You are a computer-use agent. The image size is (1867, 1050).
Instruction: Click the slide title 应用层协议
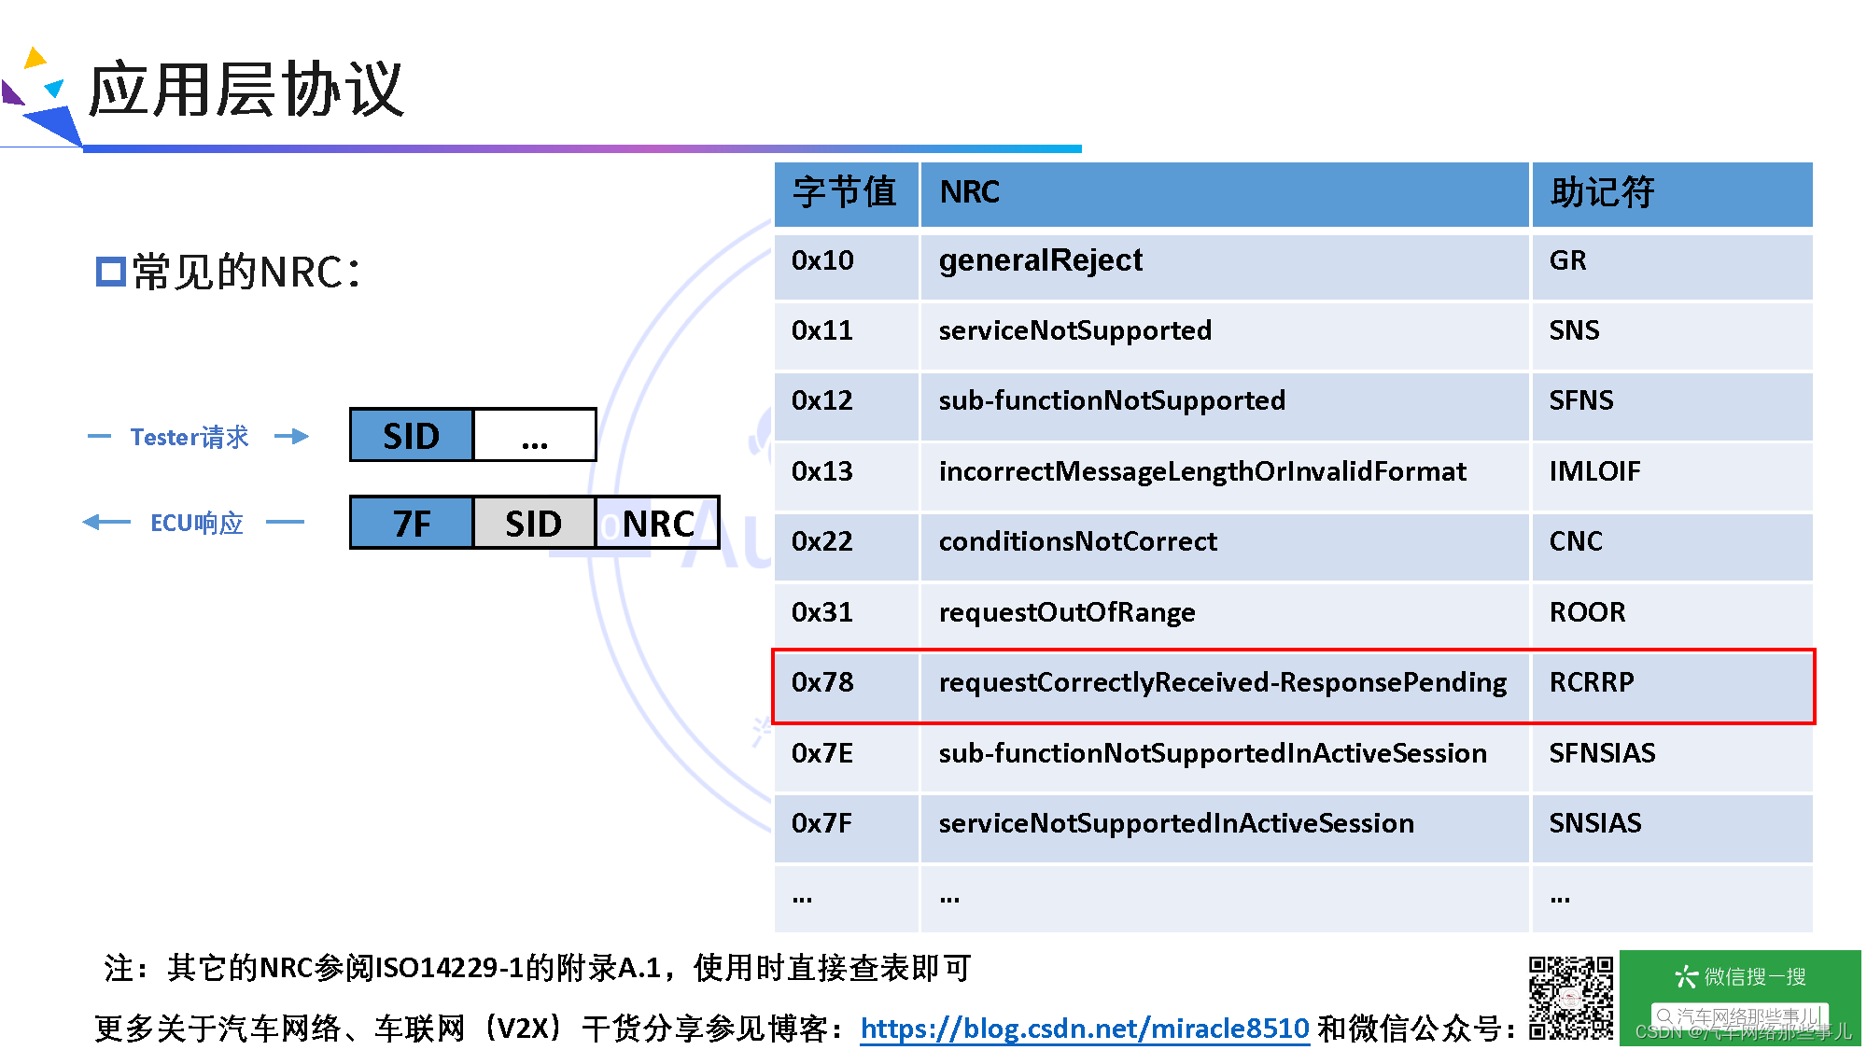246,91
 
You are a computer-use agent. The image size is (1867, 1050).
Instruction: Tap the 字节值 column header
845,193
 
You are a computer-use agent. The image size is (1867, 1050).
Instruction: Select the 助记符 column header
1602,193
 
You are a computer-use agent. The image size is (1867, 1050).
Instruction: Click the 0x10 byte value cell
823,261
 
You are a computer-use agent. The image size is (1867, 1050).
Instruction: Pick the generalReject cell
1040,261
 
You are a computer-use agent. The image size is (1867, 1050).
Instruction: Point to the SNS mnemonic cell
1574,331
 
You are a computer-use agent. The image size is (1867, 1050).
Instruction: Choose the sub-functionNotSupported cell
1112,401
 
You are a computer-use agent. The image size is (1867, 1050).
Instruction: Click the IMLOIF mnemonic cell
1594,472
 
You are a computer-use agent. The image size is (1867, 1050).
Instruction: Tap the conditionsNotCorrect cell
1077,542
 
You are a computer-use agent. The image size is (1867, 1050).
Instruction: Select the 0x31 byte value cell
822,613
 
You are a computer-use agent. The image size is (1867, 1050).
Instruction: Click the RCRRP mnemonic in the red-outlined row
1592,683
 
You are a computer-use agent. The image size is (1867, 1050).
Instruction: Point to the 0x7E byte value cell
822,754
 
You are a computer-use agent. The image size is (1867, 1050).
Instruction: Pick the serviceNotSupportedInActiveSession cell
1176,824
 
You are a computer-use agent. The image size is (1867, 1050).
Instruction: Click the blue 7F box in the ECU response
412,524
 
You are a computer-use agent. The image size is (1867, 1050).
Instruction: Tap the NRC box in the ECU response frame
657,524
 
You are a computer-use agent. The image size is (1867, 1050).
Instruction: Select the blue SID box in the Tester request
412,436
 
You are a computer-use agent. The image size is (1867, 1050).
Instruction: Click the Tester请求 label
190,437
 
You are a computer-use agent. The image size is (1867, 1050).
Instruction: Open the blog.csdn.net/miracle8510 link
1084,1029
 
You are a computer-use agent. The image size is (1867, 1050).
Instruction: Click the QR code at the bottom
1570,998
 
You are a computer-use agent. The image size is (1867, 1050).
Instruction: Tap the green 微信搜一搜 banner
1739,997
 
